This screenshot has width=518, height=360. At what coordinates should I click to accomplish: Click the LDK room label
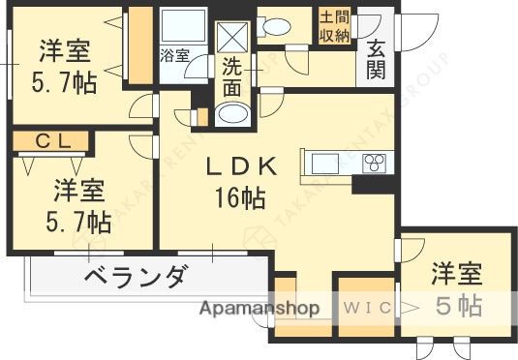click(241, 166)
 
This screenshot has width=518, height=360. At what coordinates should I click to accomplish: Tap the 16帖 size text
click(241, 200)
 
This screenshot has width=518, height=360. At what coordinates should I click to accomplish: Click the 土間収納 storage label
click(335, 25)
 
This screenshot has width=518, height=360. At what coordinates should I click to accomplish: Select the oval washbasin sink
click(232, 115)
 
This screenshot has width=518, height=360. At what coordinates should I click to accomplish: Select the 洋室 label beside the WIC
click(457, 273)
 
